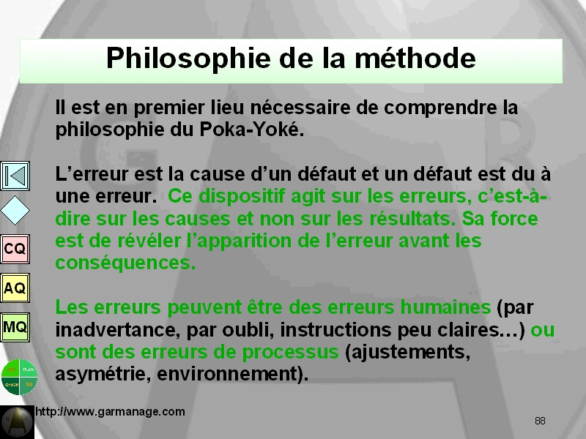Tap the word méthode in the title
(x=415, y=58)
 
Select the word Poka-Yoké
(x=251, y=130)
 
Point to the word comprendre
(x=441, y=108)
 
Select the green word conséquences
(x=125, y=263)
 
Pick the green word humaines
(x=445, y=307)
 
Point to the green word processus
(x=290, y=353)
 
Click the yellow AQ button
(x=15, y=288)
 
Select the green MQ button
(x=15, y=327)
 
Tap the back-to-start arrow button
(x=15, y=176)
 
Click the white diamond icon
(x=15, y=211)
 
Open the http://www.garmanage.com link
(x=110, y=412)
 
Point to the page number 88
(x=540, y=421)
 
